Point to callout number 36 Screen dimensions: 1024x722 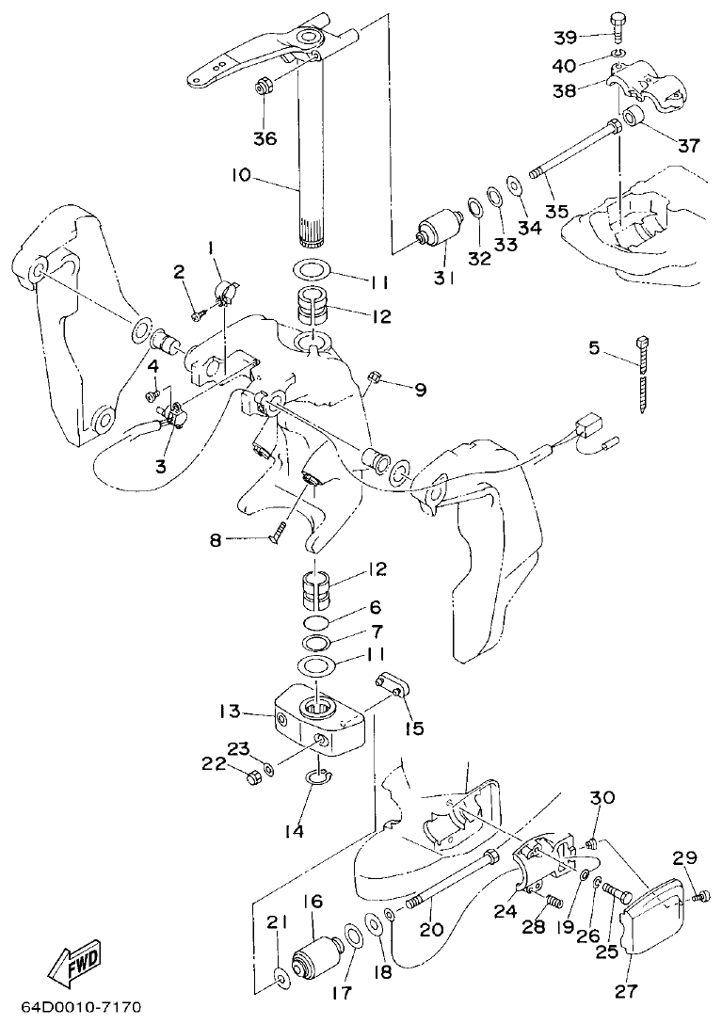point(265,138)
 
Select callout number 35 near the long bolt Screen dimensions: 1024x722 point(556,211)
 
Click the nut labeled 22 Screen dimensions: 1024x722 point(252,776)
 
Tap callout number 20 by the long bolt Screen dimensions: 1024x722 point(430,930)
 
